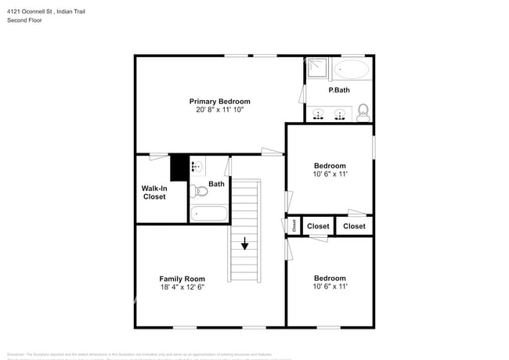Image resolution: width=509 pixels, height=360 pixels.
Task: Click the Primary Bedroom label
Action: (x=220, y=102)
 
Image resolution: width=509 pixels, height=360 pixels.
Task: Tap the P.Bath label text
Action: (x=339, y=91)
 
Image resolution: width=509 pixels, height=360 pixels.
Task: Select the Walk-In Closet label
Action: (x=154, y=193)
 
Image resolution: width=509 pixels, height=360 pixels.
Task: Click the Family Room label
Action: (x=182, y=279)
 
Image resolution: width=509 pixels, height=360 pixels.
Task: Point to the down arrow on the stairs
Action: (x=245, y=244)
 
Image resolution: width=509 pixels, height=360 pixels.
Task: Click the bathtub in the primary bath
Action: (x=351, y=70)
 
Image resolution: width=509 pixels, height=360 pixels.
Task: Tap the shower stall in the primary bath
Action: (x=317, y=68)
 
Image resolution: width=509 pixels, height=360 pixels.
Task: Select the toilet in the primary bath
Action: (x=363, y=113)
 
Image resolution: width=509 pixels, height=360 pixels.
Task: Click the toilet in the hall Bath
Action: (x=200, y=190)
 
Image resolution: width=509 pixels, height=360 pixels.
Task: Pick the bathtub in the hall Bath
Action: (x=208, y=213)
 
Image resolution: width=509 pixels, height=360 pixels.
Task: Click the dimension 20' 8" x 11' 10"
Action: (x=220, y=110)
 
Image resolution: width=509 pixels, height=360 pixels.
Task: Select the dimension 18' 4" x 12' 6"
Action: (x=182, y=287)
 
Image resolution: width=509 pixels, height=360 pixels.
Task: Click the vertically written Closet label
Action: (x=294, y=226)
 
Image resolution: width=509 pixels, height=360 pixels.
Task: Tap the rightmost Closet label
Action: (x=354, y=226)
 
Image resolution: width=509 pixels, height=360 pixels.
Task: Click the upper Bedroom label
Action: (x=330, y=165)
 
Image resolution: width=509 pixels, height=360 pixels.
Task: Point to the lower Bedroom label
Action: (x=330, y=278)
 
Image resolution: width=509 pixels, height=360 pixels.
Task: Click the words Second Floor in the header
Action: (x=25, y=20)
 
